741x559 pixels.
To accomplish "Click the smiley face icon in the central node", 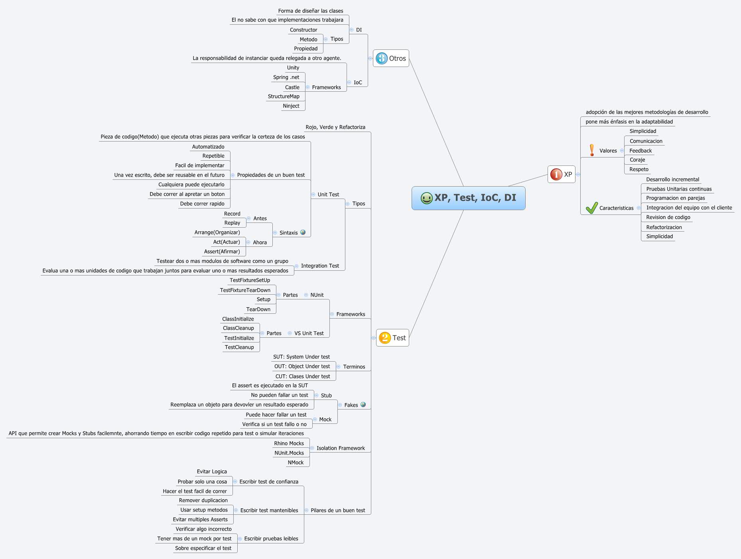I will pyautogui.click(x=426, y=198).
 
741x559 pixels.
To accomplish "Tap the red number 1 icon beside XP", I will pyautogui.click(x=556, y=174).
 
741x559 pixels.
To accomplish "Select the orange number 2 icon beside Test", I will pyautogui.click(x=384, y=338).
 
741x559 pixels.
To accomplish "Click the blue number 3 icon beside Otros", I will pyautogui.click(x=382, y=58).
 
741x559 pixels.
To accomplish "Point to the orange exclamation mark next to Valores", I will pyautogui.click(x=592, y=150).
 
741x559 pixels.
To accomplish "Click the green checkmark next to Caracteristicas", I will pyautogui.click(x=591, y=208).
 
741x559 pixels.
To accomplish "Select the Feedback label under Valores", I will pyautogui.click(x=640, y=151).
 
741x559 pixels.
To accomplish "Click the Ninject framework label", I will pyautogui.click(x=291, y=106).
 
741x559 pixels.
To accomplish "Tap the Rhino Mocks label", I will pyautogui.click(x=289, y=443).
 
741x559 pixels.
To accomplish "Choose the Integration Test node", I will pyautogui.click(x=320, y=266).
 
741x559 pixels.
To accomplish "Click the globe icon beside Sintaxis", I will pyautogui.click(x=303, y=232).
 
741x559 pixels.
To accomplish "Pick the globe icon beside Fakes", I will pyautogui.click(x=363, y=405).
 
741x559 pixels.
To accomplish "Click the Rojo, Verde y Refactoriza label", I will pyautogui.click(x=335, y=127).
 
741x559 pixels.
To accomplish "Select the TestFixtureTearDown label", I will pyautogui.click(x=245, y=290).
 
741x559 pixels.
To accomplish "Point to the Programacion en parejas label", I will pyautogui.click(x=675, y=198).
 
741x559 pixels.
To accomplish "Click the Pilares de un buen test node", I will pyautogui.click(x=338, y=510).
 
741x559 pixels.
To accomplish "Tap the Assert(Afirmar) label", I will pyautogui.click(x=222, y=252).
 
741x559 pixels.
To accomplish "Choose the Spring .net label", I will pyautogui.click(x=286, y=77).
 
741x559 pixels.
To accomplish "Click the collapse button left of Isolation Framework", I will pyautogui.click(x=312, y=448).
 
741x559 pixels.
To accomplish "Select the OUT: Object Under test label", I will pyautogui.click(x=302, y=366).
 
